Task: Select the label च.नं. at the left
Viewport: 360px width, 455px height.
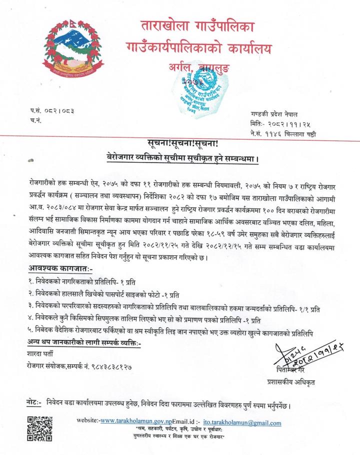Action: pyautogui.click(x=35, y=120)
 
